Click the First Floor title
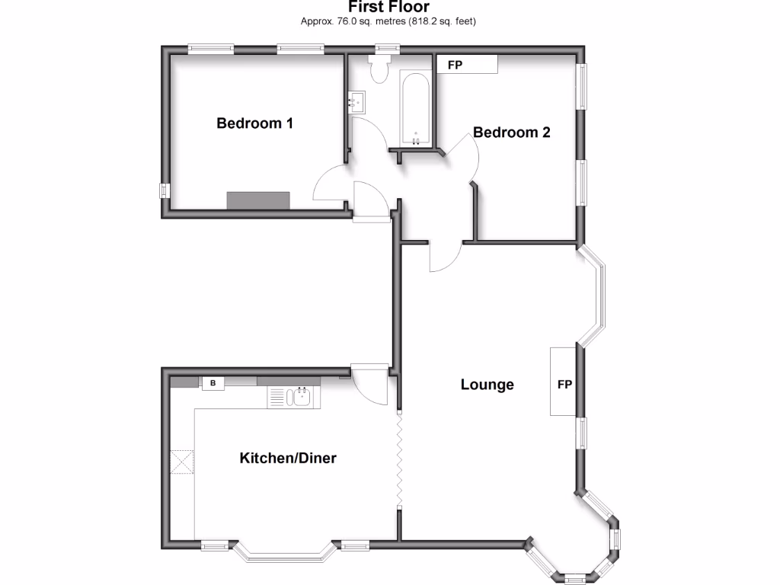pyautogui.click(x=389, y=7)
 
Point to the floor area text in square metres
pyautogui.click(x=389, y=21)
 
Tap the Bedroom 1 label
pyautogui.click(x=255, y=123)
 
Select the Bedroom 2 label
pyautogui.click(x=511, y=133)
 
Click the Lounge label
pyautogui.click(x=487, y=385)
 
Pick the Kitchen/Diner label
pyautogui.click(x=288, y=458)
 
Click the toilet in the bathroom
pyautogui.click(x=379, y=69)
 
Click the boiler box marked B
pyautogui.click(x=213, y=383)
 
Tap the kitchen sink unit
pyautogui.click(x=294, y=396)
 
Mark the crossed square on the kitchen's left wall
pyautogui.click(x=182, y=461)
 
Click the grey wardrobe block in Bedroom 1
pyautogui.click(x=258, y=200)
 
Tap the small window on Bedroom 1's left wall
pyautogui.click(x=164, y=190)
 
